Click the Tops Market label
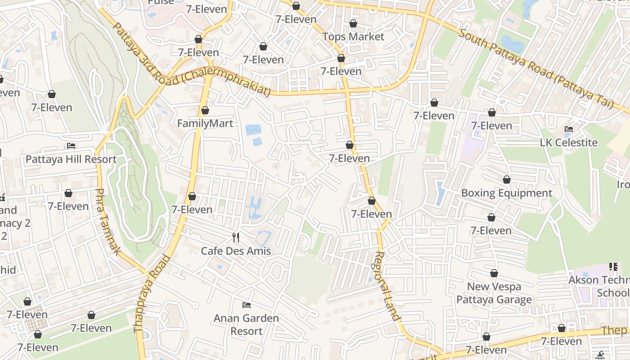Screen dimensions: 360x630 click(x=353, y=36)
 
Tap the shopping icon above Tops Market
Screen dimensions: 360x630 click(x=353, y=23)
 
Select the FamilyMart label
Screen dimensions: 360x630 click(x=205, y=123)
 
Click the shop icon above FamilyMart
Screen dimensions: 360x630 click(x=205, y=110)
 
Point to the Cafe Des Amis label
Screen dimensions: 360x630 click(x=236, y=251)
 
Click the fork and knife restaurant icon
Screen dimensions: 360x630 click(x=236, y=237)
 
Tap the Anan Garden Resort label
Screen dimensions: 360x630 click(x=246, y=324)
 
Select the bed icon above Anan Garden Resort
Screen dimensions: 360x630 click(x=246, y=305)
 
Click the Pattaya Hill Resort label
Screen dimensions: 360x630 click(x=71, y=159)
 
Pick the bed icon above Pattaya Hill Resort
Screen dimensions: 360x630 click(x=71, y=146)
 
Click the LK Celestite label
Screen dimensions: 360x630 click(x=569, y=143)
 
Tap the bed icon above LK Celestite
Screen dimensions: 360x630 click(x=569, y=129)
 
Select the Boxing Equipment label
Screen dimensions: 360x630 click(x=507, y=193)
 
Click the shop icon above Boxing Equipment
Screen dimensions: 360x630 click(x=507, y=180)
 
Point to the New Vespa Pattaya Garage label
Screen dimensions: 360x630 click(x=494, y=293)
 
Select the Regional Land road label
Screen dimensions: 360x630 click(x=387, y=286)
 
